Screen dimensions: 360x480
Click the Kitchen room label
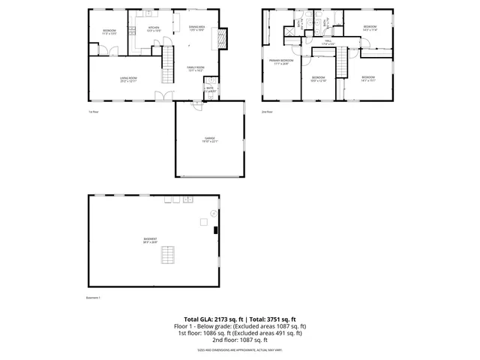tap(154, 28)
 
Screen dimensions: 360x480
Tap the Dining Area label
tap(196, 28)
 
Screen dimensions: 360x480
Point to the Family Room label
tap(196, 68)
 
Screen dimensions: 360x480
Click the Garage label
tap(210, 139)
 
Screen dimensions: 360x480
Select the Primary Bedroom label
tap(282, 61)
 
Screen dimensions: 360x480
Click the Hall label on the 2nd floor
tap(327, 43)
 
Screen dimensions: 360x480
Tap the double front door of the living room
tap(160, 96)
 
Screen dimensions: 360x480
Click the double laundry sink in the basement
tap(189, 200)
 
